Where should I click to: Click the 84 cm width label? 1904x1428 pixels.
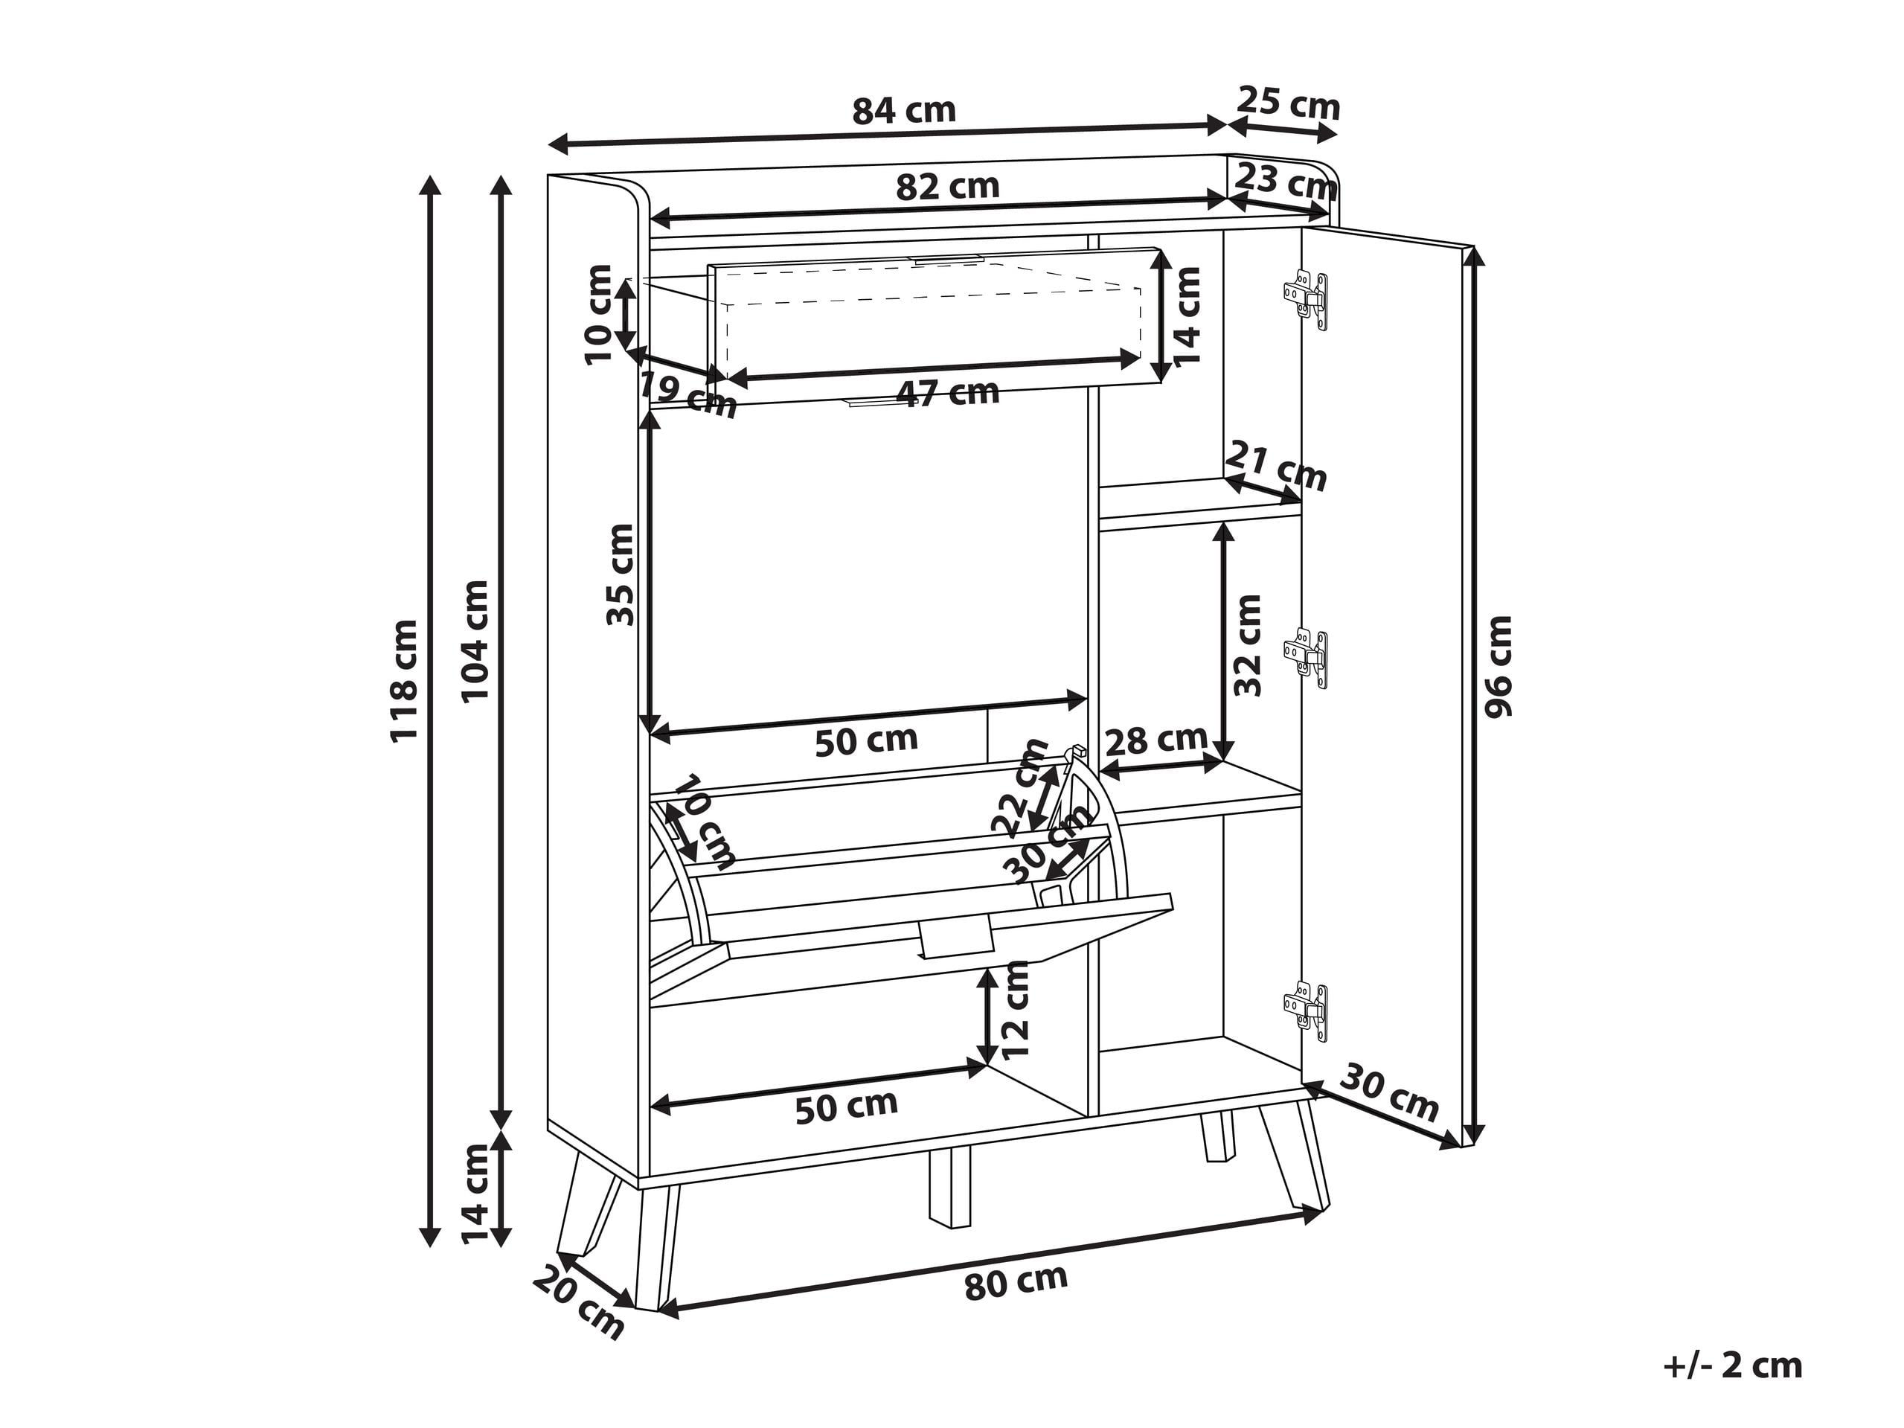(904, 111)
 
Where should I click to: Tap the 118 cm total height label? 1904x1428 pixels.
(404, 680)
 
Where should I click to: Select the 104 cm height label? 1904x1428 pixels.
(475, 641)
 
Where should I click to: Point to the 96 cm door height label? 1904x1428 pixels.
(1498, 667)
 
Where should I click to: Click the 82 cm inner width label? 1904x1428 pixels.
(947, 186)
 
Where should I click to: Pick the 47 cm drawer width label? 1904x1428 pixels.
(948, 394)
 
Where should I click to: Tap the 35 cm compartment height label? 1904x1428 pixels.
(620, 574)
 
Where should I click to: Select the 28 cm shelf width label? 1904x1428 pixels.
(1156, 740)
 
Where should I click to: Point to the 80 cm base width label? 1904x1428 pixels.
(1016, 1281)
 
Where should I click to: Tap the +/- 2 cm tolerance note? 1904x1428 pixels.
(1733, 1366)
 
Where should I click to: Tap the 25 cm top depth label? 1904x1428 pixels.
(1289, 104)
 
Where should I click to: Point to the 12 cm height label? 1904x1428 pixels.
(1016, 1010)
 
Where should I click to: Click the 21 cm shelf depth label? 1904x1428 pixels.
(1275, 466)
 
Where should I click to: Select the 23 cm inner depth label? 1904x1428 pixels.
(1285, 181)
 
